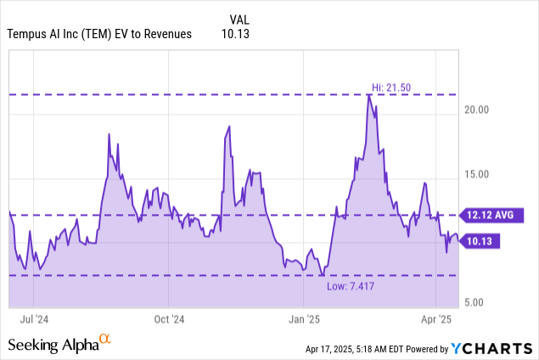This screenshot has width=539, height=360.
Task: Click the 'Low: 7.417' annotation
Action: pos(349,285)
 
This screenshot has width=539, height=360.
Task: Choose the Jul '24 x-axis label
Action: pos(33,319)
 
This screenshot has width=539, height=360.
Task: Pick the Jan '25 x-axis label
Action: pos(304,319)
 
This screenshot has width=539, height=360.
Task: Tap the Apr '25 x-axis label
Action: pos(435,319)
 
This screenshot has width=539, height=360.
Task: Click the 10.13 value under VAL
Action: pos(241,35)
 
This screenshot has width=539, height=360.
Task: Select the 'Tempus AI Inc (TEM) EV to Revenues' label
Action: pos(99,35)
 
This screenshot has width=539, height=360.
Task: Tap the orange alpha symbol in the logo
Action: pos(105,339)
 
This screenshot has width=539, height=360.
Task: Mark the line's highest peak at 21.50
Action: pos(368,95)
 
